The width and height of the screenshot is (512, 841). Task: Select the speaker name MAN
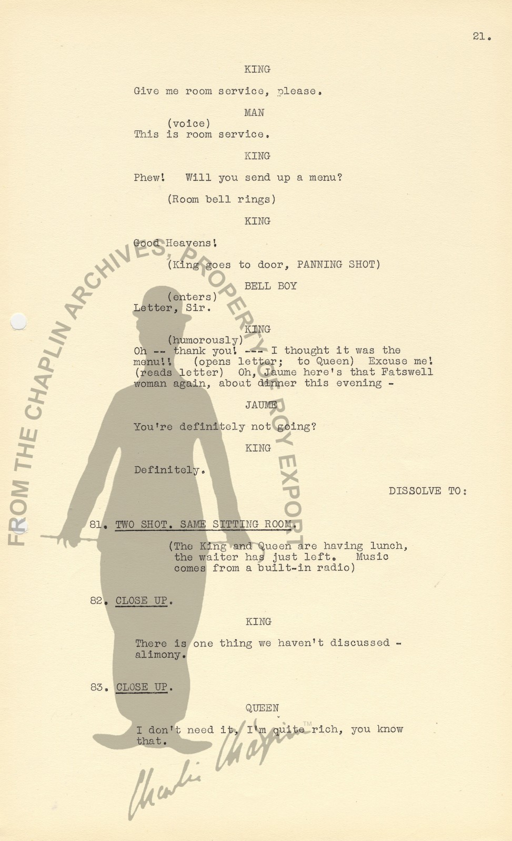[254, 112]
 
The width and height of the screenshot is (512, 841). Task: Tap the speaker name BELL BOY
[270, 286]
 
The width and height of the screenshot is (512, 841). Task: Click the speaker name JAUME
[261, 405]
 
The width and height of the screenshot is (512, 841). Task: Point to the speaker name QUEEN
[262, 707]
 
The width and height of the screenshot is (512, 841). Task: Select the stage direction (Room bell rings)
[222, 199]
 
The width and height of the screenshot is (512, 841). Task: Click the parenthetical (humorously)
[205, 340]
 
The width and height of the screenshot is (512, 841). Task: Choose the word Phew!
[149, 177]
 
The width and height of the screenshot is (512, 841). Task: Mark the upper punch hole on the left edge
[18, 321]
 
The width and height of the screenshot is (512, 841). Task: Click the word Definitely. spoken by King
[170, 470]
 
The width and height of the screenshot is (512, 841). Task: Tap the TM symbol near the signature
[307, 724]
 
